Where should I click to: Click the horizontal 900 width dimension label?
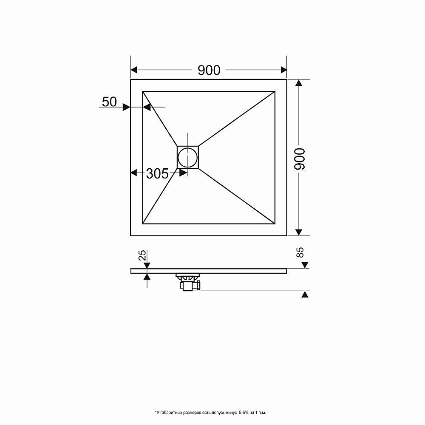[209, 70]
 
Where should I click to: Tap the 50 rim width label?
[109, 102]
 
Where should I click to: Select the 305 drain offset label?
[157, 173]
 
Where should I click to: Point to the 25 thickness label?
[143, 255]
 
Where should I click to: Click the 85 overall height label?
[300, 252]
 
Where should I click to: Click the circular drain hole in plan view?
[187, 157]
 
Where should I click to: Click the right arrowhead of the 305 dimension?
[184, 173]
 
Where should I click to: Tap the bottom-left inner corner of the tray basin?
[142, 224]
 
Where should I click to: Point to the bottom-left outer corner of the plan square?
[130, 235]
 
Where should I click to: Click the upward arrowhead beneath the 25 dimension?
[147, 277]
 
